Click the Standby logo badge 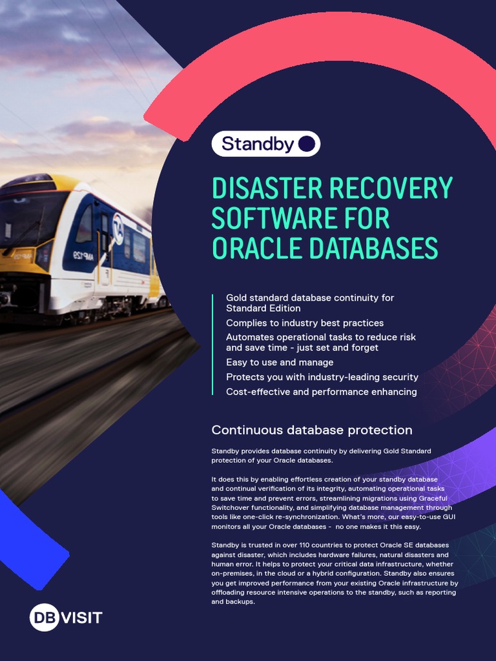click(265, 144)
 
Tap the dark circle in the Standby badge click(307, 144)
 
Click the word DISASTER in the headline click(267, 188)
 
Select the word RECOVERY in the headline click(391, 188)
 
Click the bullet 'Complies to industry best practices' click(304, 323)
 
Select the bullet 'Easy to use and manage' click(280, 362)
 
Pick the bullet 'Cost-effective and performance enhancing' click(321, 392)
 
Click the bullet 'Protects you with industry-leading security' click(322, 377)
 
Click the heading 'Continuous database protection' click(312, 430)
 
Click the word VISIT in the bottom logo click(81, 618)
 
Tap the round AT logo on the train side click(118, 229)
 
